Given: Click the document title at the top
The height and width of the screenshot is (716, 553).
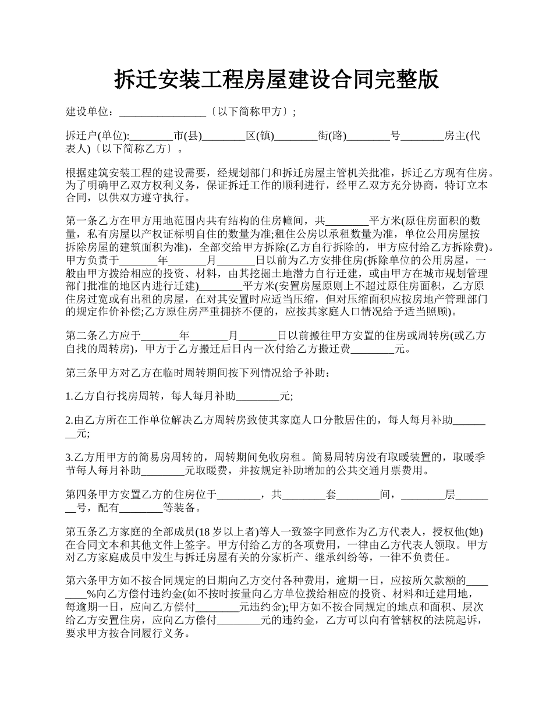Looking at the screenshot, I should click(x=276, y=80).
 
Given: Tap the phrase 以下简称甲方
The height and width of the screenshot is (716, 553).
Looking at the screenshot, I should click(x=251, y=112).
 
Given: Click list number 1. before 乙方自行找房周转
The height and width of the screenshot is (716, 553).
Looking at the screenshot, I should click(x=69, y=396).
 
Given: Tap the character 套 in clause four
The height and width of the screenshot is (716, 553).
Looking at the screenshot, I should click(x=331, y=495).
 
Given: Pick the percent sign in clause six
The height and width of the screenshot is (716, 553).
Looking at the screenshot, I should click(x=91, y=594).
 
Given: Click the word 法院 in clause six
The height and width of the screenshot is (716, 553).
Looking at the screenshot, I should click(x=435, y=621).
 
